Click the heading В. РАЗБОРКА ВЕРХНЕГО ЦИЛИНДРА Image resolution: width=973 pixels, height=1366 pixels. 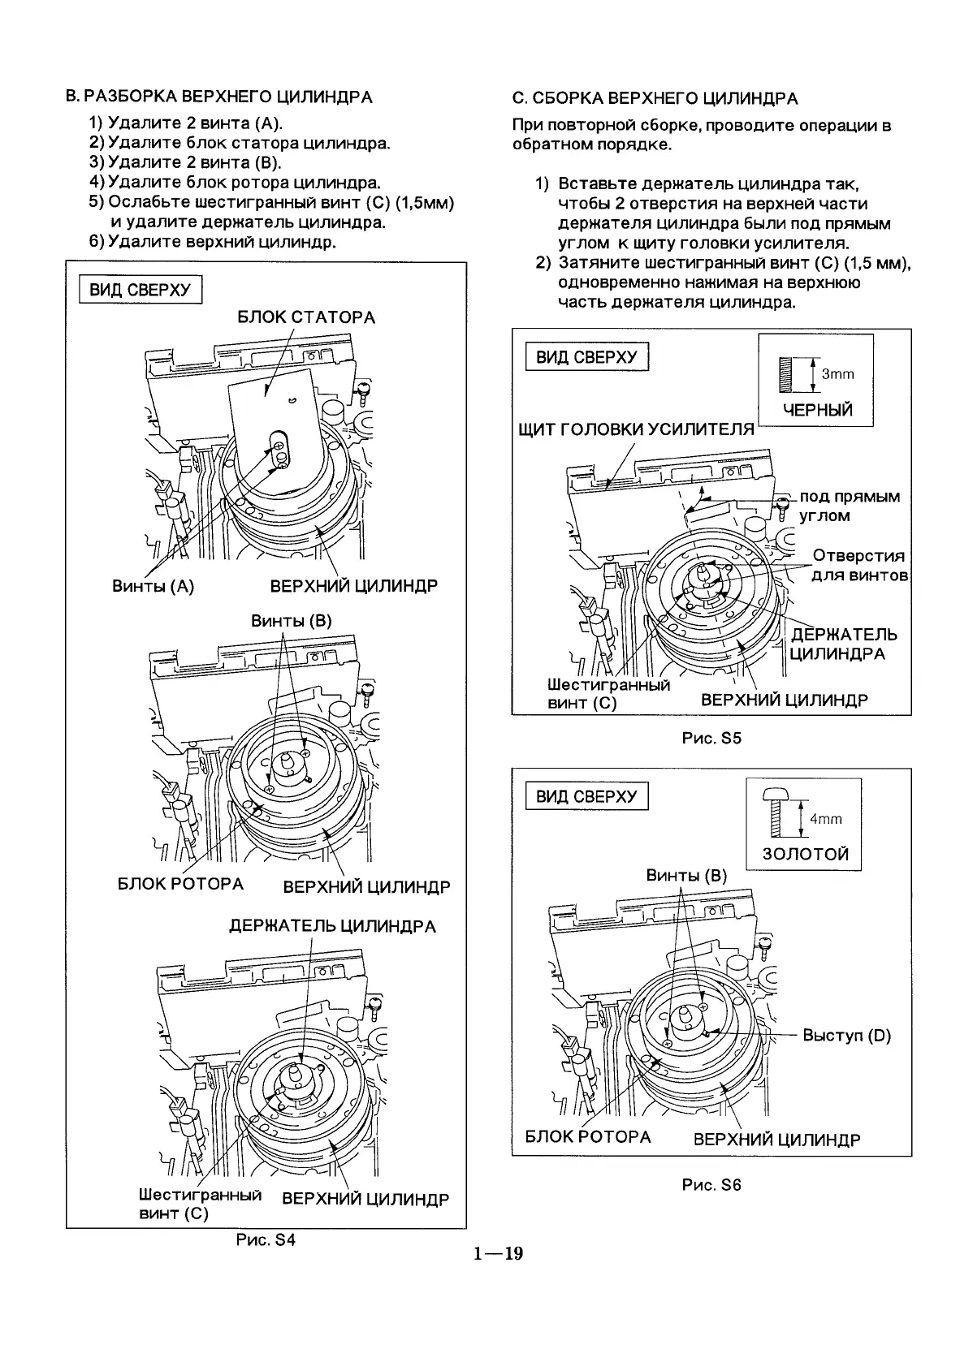pos(218,97)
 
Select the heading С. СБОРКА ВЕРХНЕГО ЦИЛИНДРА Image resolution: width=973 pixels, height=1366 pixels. pos(655,99)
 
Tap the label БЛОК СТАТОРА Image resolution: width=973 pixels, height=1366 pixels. pos(306,317)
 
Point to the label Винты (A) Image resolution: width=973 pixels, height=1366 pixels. pos(153,586)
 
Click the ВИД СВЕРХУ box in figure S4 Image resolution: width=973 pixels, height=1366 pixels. pos(140,290)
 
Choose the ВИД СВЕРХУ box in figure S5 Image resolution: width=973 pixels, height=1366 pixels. pos(587,357)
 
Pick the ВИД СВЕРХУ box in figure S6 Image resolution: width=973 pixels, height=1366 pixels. pos(587,796)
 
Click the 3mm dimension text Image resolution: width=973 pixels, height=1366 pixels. pos(837,374)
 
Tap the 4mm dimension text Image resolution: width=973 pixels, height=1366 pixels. pos(825,819)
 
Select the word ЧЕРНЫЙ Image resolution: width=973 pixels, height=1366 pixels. pos(817,410)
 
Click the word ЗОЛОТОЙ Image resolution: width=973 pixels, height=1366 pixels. pos(805,854)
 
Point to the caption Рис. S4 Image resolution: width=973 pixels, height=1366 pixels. pos(266,1240)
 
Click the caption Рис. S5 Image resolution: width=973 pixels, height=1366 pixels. pos(711,739)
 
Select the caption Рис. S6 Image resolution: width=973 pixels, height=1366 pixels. pos(711,1184)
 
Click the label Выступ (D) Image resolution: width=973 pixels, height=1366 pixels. pos(846,1036)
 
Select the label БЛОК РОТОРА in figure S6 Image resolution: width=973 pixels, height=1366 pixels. pos(588,1137)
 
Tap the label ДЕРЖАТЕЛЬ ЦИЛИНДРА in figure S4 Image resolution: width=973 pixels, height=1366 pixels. pos(332,926)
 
